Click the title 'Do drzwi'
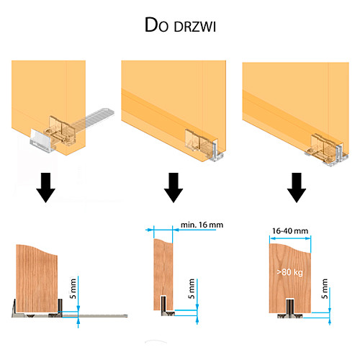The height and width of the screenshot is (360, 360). point(180,25)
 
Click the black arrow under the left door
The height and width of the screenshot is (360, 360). point(46,187)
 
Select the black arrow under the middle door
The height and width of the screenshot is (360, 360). point(174,187)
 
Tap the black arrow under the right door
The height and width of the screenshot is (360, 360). point(297,187)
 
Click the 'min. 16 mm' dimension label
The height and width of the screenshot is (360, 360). point(202,225)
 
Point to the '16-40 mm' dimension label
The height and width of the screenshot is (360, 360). point(290,231)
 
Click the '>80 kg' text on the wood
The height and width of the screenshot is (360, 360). point(289,272)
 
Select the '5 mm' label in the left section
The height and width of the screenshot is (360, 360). point(73,289)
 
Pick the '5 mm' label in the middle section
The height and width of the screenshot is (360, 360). point(192,289)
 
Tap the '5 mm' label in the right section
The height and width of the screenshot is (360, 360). point(325,289)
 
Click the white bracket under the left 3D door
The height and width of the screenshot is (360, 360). point(41,141)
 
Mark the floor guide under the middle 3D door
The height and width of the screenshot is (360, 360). point(217,153)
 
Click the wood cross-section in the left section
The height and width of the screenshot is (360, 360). point(37,279)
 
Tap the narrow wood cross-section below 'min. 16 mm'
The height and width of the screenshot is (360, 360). point(163,274)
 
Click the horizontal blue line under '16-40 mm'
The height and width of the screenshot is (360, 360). point(290,238)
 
